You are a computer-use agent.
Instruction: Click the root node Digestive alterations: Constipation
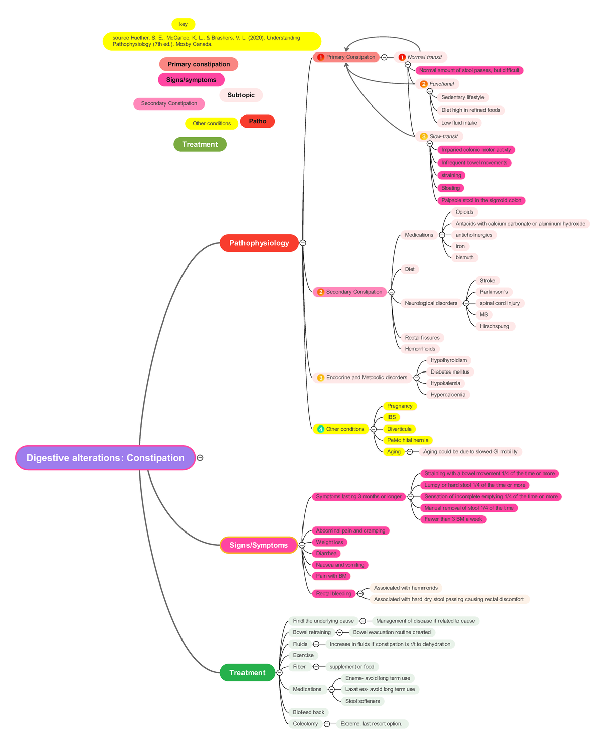[105, 458]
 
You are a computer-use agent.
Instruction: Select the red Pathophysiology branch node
[259, 243]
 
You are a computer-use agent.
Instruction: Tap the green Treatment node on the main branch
[247, 672]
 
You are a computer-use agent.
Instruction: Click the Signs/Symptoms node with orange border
[259, 545]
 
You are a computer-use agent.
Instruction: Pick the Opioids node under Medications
[464, 212]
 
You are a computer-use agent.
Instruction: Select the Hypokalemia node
[445, 383]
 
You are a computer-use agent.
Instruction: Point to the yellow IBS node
[391, 417]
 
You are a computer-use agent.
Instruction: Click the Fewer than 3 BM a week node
[453, 519]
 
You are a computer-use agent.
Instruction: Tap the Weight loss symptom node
[329, 542]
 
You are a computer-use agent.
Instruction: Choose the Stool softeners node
[362, 701]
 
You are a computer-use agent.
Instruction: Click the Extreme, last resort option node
[372, 723]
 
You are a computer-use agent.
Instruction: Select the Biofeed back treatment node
[309, 712]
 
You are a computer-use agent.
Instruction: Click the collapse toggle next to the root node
[200, 458]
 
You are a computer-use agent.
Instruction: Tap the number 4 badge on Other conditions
[321, 429]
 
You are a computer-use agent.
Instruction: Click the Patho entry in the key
[257, 121]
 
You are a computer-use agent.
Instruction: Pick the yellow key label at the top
[183, 24]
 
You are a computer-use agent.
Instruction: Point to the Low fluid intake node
[459, 123]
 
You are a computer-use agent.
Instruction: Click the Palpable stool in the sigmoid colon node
[481, 200]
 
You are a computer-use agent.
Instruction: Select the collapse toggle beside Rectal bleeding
[360, 594]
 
